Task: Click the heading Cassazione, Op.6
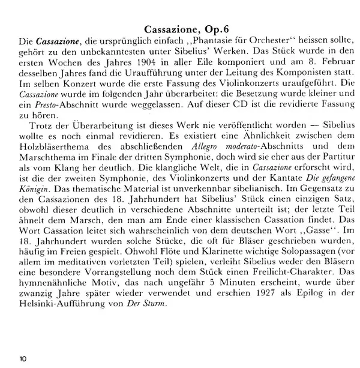coord(187,28)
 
